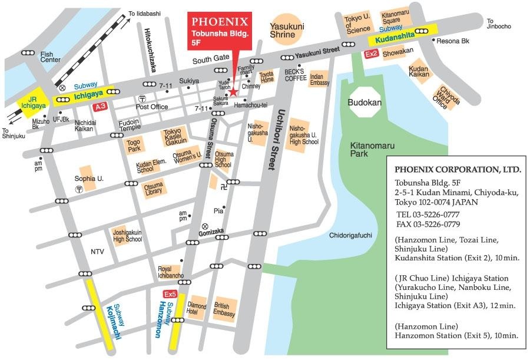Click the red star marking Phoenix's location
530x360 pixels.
click(233, 92)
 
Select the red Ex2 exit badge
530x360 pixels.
click(371, 54)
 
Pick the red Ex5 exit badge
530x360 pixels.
click(170, 293)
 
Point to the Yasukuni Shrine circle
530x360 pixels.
click(286, 27)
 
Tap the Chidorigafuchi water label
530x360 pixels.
click(351, 236)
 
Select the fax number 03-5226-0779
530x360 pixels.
click(428, 224)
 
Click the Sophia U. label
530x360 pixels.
click(88, 179)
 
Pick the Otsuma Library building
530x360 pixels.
click(154, 189)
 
